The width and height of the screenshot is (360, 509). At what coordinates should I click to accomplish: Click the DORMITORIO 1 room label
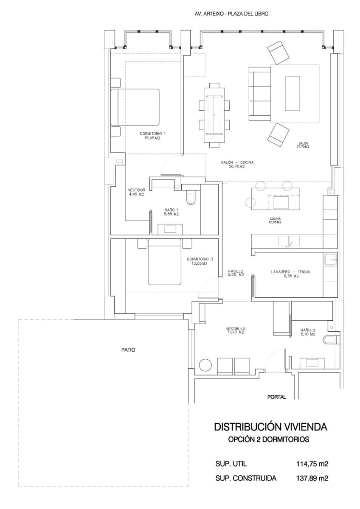[x=152, y=135]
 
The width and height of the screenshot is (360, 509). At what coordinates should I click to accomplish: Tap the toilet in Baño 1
[x=191, y=198]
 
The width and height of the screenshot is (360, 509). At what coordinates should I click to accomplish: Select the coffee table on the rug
[x=292, y=94]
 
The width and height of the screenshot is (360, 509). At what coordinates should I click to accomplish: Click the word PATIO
[x=128, y=350]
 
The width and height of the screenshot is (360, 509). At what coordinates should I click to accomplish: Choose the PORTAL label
[x=276, y=397]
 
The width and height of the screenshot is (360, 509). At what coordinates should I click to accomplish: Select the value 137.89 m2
[x=312, y=478]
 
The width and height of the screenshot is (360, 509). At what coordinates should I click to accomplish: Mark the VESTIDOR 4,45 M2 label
[x=137, y=192]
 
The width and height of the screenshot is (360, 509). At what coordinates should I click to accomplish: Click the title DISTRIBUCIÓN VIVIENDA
[x=270, y=427]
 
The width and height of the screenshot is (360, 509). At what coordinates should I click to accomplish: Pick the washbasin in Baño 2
[x=312, y=363]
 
